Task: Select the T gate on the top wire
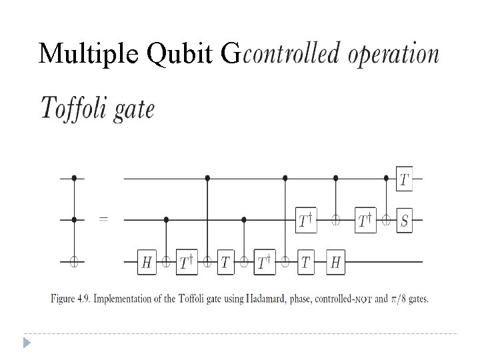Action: [404, 179]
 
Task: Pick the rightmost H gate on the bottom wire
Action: [335, 262]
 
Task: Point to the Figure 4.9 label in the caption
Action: [71, 299]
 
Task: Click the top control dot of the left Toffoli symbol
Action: [73, 179]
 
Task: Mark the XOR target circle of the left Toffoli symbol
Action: [73, 262]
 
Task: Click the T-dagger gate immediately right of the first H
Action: [186, 262]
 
